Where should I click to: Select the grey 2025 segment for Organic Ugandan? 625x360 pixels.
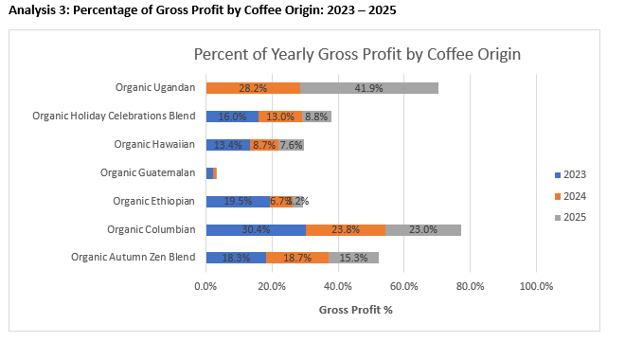pos(369,87)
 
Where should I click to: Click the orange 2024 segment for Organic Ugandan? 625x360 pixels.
pos(253,87)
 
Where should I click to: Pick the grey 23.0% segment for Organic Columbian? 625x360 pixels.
pos(423,228)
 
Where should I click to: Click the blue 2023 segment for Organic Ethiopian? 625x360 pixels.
pos(238,201)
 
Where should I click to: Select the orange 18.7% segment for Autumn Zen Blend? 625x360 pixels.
pos(297,257)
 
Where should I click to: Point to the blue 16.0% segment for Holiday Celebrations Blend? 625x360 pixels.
pos(232,116)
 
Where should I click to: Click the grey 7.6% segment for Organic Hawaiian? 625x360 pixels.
pos(291,144)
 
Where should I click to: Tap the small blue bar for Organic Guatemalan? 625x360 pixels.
pos(209,172)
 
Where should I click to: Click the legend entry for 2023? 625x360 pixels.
pos(568,174)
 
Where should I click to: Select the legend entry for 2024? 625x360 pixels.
pos(568,196)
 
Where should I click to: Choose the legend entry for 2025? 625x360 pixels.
pos(568,218)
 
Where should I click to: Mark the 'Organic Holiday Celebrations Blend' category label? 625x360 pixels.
pos(114,116)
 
